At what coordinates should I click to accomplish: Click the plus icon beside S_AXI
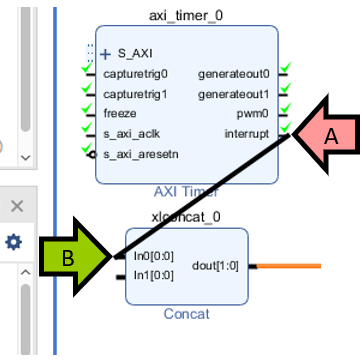click(x=106, y=54)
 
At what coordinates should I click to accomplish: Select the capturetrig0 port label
click(x=136, y=74)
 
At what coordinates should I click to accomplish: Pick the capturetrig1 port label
click(x=136, y=94)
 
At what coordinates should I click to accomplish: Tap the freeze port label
click(x=120, y=113)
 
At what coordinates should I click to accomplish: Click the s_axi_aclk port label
click(x=131, y=133)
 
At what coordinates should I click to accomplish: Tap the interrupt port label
click(x=246, y=133)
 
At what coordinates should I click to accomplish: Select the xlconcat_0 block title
click(x=186, y=217)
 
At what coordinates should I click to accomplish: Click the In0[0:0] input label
click(x=155, y=256)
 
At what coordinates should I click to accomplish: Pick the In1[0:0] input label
click(x=155, y=275)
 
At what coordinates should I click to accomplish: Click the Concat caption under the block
click(x=186, y=314)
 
